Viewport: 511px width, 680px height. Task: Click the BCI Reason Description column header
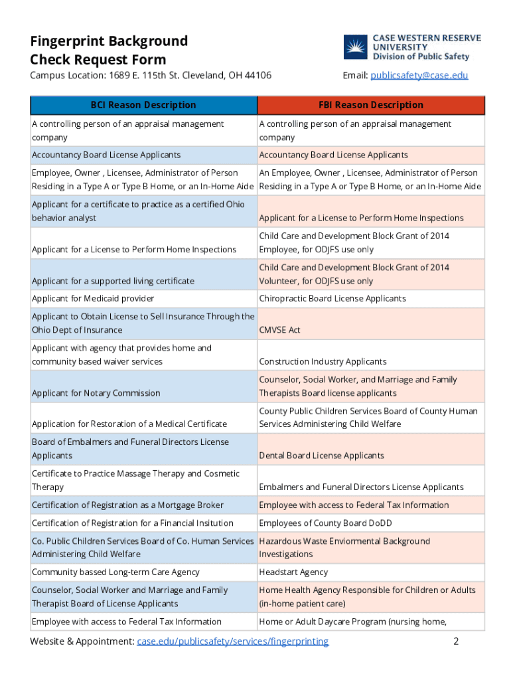(x=143, y=105)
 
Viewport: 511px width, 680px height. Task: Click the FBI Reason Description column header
(x=370, y=105)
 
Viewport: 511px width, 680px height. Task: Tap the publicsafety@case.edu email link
(x=419, y=75)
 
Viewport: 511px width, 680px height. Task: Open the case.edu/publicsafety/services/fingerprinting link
(x=232, y=641)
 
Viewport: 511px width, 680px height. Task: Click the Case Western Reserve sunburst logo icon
(x=355, y=48)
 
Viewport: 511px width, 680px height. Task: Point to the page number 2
(x=455, y=641)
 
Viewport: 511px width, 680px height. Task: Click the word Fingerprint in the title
(x=66, y=41)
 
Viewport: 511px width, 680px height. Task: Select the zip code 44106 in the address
(x=257, y=75)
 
